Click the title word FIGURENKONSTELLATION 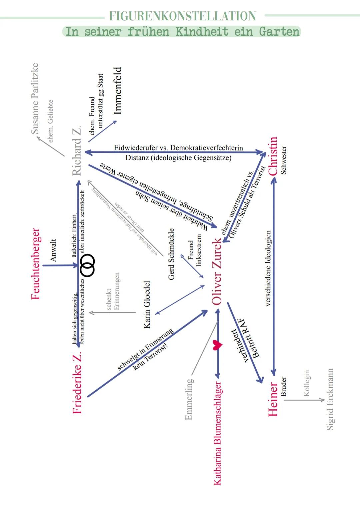click(183, 16)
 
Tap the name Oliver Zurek click(217, 271)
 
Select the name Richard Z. click(77, 151)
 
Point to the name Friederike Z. click(77, 384)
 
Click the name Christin click(273, 156)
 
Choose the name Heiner click(273, 399)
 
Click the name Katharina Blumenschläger click(217, 433)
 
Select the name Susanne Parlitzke click(35, 99)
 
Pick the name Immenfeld click(118, 91)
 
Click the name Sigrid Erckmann click(330, 399)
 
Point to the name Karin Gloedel click(147, 304)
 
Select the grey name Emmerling click(189, 399)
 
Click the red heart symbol click(217, 345)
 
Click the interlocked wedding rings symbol click(88, 265)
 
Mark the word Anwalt click(53, 250)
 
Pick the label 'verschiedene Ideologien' click(268, 268)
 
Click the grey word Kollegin click(307, 383)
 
